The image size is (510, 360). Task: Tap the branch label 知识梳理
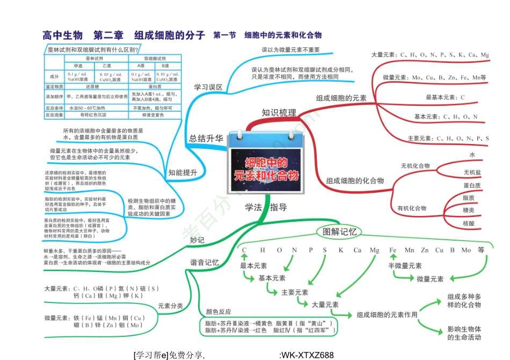[279, 113]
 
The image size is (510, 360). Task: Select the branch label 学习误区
[208, 87]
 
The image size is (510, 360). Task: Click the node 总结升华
[206, 138]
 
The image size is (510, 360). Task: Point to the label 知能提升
[183, 172]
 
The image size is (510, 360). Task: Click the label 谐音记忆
[204, 263]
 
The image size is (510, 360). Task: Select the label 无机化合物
[415, 165]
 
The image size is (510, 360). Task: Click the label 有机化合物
[412, 208]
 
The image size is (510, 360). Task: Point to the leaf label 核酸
[469, 223]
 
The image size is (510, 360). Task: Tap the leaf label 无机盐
[472, 172]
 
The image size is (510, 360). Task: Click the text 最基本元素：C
[445, 97]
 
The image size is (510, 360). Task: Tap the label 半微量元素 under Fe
[405, 266]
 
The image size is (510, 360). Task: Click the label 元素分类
[170, 306]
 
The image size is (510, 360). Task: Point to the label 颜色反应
[218, 312]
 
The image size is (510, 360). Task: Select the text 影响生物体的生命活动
[464, 333]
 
